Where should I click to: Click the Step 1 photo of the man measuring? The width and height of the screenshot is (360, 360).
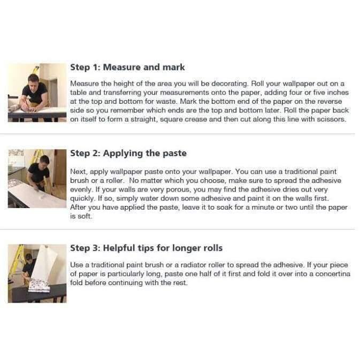(x=37, y=93)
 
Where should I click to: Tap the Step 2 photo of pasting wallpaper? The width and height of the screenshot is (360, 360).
(x=37, y=179)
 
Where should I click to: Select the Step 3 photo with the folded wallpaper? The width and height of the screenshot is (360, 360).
(x=37, y=273)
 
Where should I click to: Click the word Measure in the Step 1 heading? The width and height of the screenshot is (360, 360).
(x=121, y=67)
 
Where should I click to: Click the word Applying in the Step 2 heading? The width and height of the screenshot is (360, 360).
(x=122, y=154)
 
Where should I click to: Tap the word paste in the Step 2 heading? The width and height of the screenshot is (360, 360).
(x=174, y=154)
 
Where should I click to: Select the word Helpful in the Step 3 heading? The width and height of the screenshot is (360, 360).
(x=119, y=248)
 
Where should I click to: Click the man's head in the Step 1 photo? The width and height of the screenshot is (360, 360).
(x=34, y=80)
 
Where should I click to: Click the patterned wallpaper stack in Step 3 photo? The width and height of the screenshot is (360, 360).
(x=39, y=285)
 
